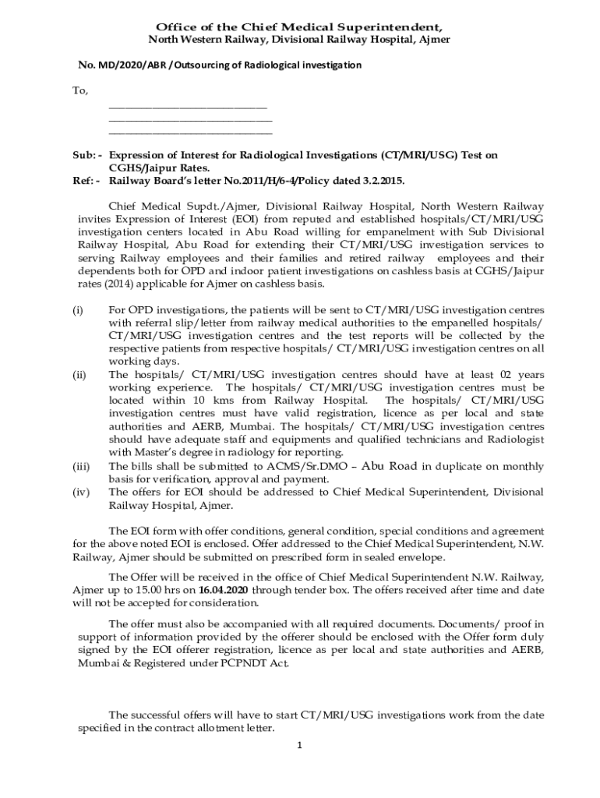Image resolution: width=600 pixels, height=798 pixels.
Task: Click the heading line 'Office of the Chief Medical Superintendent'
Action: pyautogui.click(x=299, y=26)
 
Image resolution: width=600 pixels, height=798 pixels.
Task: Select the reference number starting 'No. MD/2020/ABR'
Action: pyautogui.click(x=219, y=65)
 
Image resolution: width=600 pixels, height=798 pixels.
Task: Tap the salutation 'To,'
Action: pyautogui.click(x=80, y=91)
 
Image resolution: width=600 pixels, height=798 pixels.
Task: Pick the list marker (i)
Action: pyautogui.click(x=78, y=311)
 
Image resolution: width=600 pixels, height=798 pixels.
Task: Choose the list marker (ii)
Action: pyautogui.click(x=79, y=375)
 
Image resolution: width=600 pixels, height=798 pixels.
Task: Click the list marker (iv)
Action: pyautogui.click(x=80, y=492)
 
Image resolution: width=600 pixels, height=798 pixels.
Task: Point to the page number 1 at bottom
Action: pyautogui.click(x=299, y=745)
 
